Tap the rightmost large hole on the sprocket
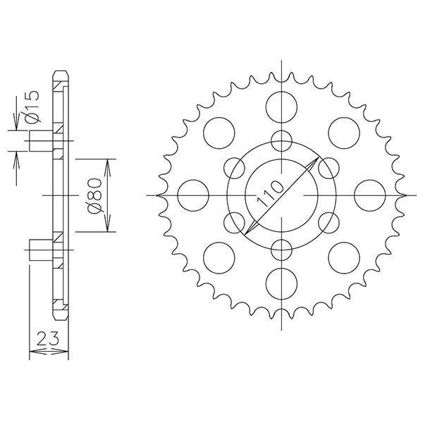pyautogui.click(x=369, y=195)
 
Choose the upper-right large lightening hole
pyautogui.click(x=343, y=133)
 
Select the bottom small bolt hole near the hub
pyautogui.click(x=281, y=250)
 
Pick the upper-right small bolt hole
pyautogui.click(x=329, y=167)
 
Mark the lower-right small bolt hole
pyautogui.click(x=329, y=222)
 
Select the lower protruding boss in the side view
pyautogui.click(x=41, y=249)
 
